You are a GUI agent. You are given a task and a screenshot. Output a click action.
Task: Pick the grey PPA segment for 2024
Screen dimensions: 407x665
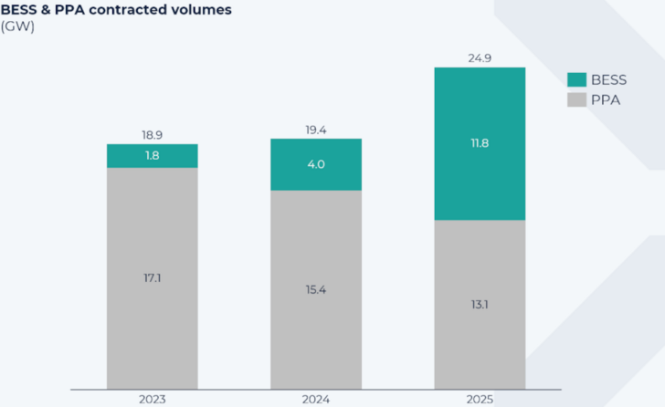[x=316, y=319]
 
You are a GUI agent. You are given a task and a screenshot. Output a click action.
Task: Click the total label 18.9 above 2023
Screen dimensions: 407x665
[x=152, y=135]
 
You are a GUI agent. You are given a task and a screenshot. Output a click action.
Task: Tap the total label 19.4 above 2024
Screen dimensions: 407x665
[x=316, y=130]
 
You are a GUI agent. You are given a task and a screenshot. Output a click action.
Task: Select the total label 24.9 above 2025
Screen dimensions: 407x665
[x=480, y=58]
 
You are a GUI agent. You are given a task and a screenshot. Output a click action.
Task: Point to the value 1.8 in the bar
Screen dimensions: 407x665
[x=152, y=156]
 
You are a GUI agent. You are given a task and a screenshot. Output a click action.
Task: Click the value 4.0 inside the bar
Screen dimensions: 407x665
[x=316, y=165]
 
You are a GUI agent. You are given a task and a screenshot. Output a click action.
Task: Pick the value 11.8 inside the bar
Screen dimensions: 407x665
[x=480, y=143]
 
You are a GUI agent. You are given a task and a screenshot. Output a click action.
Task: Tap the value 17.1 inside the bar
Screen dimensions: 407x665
[x=152, y=277]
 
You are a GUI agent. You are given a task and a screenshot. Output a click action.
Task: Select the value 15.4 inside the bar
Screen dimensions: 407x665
[x=316, y=289]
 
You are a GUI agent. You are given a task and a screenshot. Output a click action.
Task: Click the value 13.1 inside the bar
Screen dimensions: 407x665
[x=480, y=305]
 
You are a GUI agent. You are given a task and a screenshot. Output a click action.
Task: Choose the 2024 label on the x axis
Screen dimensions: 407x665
[x=316, y=399]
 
